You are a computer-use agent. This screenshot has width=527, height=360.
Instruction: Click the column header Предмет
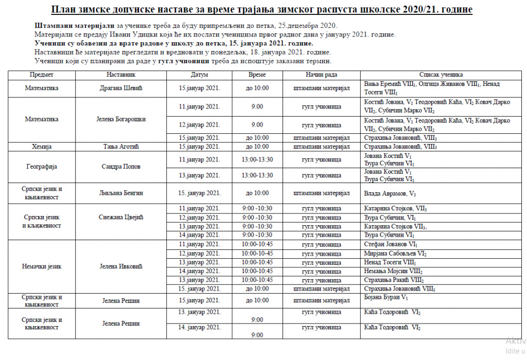[42, 75]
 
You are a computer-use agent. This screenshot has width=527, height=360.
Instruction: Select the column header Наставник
[120, 75]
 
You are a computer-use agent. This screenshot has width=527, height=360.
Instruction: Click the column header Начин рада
[321, 75]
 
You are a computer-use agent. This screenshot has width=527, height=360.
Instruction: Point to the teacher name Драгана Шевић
[120, 88]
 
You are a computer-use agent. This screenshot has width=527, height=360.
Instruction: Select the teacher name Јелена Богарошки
[120, 119]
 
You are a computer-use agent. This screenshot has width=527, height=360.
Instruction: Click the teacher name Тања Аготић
[120, 147]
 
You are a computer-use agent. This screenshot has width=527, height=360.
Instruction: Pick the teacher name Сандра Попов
[120, 167]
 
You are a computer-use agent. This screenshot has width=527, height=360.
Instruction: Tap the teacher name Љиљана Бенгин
[120, 193]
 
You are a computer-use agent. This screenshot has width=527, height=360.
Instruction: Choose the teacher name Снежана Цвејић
[120, 217]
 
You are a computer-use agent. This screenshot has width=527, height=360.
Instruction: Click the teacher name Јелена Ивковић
[120, 266]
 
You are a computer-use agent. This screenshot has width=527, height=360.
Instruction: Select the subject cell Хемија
[42, 147]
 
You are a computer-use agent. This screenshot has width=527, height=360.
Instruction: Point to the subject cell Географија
[42, 167]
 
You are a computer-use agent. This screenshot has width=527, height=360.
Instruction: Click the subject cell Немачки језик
[42, 266]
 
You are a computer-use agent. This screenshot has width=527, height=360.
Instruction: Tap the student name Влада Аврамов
[386, 194]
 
